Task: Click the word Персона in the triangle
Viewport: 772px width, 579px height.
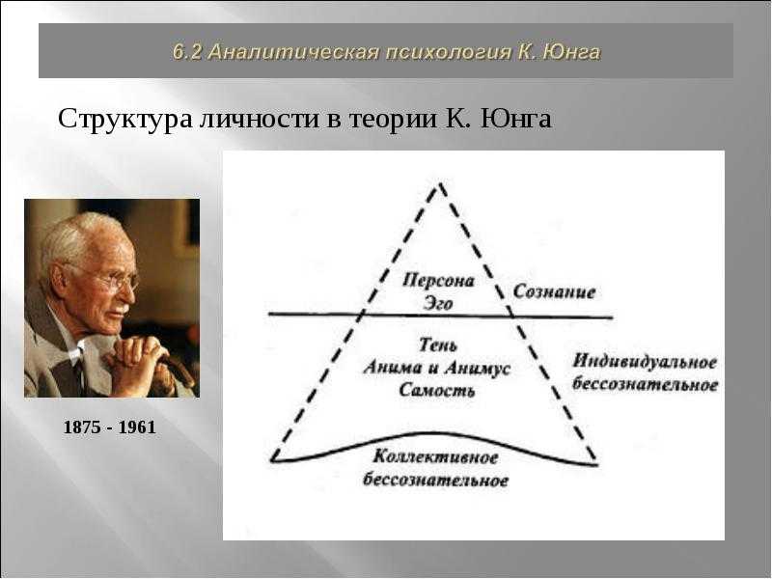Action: click(x=438, y=281)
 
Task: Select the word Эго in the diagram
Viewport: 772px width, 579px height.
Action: click(x=438, y=303)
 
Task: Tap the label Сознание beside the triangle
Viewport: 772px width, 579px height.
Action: click(x=554, y=292)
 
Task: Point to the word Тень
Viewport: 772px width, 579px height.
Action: click(x=438, y=345)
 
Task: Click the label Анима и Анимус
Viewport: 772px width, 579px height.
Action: click(x=437, y=368)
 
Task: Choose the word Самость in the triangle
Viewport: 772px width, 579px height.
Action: click(x=437, y=391)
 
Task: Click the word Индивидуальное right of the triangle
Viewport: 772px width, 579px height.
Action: click(x=645, y=362)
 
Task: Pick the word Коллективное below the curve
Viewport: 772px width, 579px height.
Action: click(x=436, y=457)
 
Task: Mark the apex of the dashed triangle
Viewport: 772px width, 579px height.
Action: click(x=440, y=183)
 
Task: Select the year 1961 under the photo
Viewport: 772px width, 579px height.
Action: click(x=137, y=427)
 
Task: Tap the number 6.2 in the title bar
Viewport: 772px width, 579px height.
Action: click(x=186, y=52)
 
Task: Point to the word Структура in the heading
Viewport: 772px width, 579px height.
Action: click(x=124, y=120)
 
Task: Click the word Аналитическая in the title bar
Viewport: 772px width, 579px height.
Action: click(x=293, y=52)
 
